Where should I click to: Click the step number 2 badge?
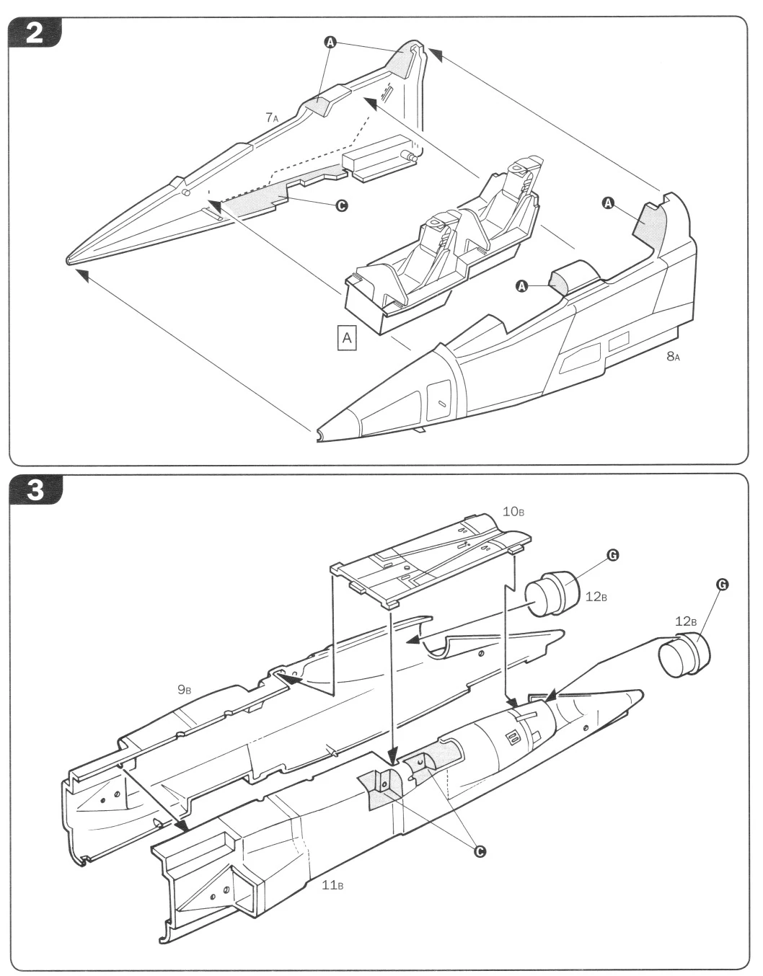(34, 34)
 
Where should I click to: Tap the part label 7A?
(271, 117)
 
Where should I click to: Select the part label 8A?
(672, 356)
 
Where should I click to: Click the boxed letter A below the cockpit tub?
(348, 337)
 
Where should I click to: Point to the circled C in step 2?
(342, 205)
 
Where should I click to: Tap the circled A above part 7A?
(330, 43)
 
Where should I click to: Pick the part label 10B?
(513, 511)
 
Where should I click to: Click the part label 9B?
(185, 690)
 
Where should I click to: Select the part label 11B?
(332, 885)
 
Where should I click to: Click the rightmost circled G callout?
(721, 584)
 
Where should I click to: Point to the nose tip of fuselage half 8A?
(319, 435)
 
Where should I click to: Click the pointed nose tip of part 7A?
(68, 259)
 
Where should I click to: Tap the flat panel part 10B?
(433, 555)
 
